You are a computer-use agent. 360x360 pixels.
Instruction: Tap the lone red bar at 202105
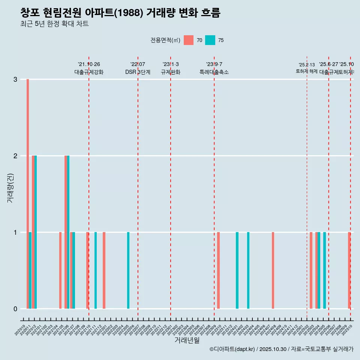(60, 270)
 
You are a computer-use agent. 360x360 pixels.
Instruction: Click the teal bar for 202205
(128, 270)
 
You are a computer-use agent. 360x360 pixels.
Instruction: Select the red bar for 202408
(273, 270)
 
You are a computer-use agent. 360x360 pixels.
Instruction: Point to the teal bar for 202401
(237, 270)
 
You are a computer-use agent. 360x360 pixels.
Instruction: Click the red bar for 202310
(218, 270)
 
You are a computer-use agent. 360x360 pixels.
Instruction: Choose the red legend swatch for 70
(189, 40)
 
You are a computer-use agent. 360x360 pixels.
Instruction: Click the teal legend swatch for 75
(210, 40)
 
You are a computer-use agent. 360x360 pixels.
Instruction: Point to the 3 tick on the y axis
(15, 79)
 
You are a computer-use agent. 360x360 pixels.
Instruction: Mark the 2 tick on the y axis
(15, 156)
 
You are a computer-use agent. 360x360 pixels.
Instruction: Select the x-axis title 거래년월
(187, 340)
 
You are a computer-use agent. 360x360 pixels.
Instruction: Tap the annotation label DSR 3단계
(138, 72)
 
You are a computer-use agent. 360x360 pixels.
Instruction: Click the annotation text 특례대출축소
(214, 72)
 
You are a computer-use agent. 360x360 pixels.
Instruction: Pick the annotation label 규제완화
(171, 72)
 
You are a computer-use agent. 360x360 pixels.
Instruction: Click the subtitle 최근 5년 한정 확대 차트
(54, 24)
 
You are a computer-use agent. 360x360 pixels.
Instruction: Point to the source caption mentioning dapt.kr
(281, 349)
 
